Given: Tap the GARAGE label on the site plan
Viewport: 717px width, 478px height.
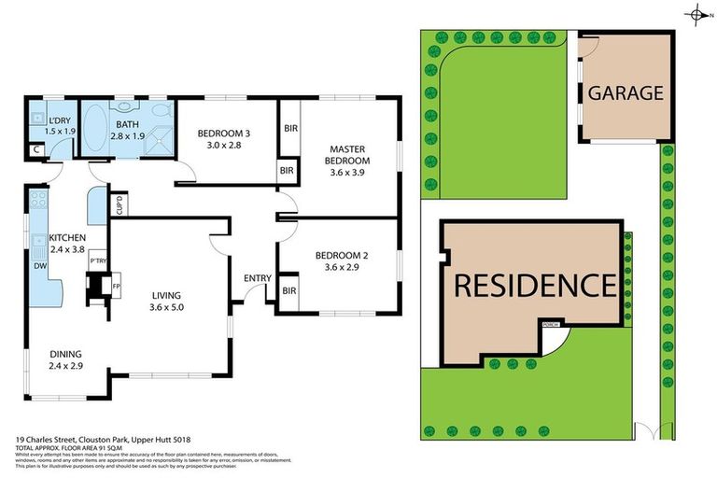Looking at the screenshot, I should [x=625, y=93].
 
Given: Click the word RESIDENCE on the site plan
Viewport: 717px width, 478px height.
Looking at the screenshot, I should [x=534, y=284].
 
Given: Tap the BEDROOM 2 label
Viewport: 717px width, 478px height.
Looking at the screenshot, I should [x=337, y=255].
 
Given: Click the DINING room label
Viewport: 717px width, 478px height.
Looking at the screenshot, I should [x=65, y=354].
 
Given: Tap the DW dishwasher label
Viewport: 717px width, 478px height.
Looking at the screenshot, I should [x=38, y=266].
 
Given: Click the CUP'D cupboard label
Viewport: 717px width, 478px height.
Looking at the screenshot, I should [x=119, y=204].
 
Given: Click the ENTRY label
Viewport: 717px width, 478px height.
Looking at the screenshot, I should [x=257, y=278].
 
